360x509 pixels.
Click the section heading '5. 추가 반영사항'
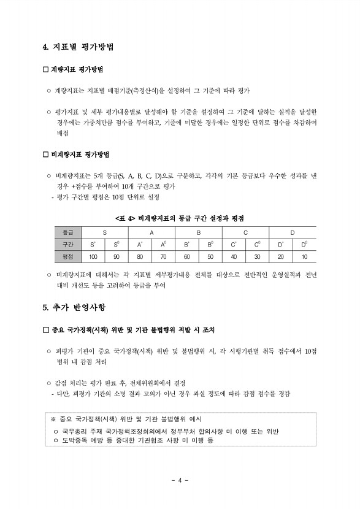tap(73, 308)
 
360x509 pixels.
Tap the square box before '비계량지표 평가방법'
tap(45, 154)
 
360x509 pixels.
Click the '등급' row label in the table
tap(68, 232)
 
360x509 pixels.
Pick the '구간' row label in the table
tap(68, 244)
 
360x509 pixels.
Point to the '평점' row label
tap(68, 256)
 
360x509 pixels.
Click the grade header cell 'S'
tap(105, 232)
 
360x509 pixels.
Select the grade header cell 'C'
tap(245, 232)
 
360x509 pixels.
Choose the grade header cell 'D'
tap(293, 232)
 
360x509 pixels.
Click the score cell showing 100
tap(93, 256)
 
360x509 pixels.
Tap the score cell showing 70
tap(163, 256)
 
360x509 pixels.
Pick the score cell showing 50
tap(210, 256)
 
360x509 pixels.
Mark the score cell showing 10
tap(304, 256)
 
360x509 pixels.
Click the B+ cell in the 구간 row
tap(186, 244)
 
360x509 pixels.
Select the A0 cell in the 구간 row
tap(163, 244)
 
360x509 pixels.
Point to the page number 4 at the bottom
tap(180, 480)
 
